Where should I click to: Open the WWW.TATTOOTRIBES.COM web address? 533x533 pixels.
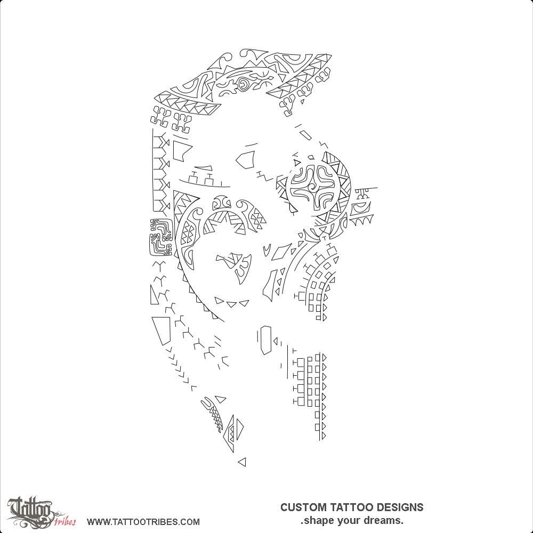pyautogui.click(x=143, y=522)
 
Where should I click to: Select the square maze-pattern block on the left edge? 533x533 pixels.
pyautogui.click(x=161, y=236)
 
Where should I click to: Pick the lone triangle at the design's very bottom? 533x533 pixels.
pyautogui.click(x=243, y=462)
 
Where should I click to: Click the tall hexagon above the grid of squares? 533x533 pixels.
pyautogui.click(x=265, y=340)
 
